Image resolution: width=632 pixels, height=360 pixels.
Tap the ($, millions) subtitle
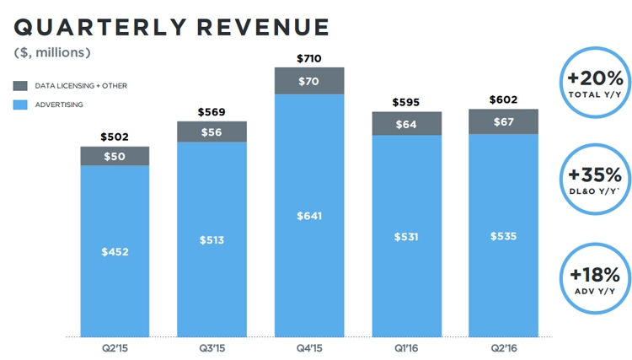52,53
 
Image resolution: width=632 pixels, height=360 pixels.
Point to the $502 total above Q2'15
115,137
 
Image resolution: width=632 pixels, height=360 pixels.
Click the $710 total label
310,57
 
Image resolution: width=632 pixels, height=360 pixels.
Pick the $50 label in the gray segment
115,156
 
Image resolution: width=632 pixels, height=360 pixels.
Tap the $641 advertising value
310,216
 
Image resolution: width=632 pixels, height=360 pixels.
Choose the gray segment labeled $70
310,81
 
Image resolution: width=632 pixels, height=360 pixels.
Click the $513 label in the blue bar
212,239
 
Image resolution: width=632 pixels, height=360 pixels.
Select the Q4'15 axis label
310,347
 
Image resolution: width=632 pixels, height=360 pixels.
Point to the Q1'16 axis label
407,347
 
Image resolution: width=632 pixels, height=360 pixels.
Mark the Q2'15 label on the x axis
115,347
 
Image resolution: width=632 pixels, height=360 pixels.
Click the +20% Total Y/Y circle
596,83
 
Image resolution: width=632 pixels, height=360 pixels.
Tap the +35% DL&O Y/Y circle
596,180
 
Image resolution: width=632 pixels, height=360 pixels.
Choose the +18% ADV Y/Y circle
596,278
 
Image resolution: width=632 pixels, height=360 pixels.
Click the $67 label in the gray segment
503,121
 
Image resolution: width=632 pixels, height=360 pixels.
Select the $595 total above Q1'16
407,102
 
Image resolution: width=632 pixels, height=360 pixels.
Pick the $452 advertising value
115,251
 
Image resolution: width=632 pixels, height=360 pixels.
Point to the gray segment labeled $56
212,132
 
